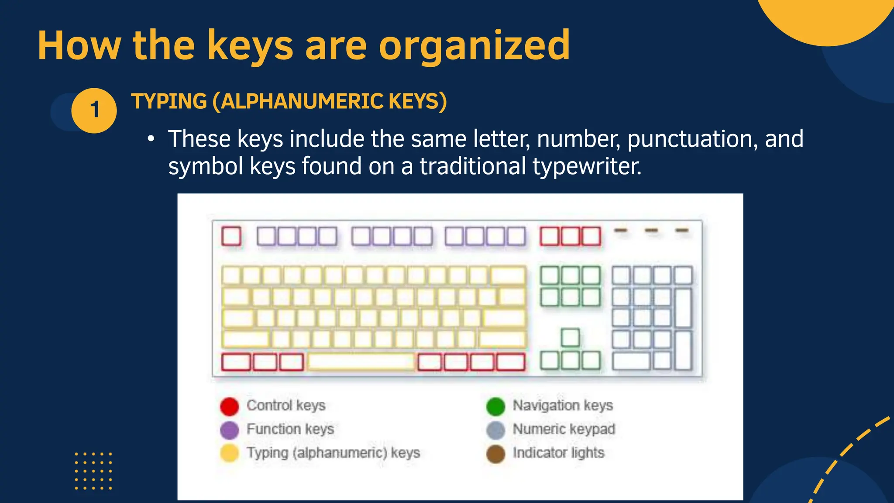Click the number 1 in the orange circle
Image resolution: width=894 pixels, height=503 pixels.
94,110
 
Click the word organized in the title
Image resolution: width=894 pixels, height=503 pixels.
474,45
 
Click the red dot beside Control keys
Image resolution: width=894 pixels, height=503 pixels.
230,406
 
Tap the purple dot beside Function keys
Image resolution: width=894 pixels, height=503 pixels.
230,430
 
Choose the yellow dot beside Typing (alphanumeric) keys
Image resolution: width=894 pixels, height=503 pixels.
230,453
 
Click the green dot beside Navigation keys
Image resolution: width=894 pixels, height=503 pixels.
495,406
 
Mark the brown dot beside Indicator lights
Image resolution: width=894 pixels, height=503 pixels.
495,454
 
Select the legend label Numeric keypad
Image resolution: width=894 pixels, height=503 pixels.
564,429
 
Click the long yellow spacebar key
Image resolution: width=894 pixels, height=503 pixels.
361,362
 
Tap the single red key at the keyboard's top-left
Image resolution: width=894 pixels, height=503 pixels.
231,236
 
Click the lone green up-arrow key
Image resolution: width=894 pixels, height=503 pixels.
570,338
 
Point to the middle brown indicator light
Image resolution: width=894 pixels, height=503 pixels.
651,230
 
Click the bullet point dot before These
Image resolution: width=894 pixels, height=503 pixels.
151,139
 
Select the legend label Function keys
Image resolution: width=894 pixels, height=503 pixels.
290,429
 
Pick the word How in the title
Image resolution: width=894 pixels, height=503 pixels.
79,45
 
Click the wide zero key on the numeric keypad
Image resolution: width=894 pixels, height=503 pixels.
631,361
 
